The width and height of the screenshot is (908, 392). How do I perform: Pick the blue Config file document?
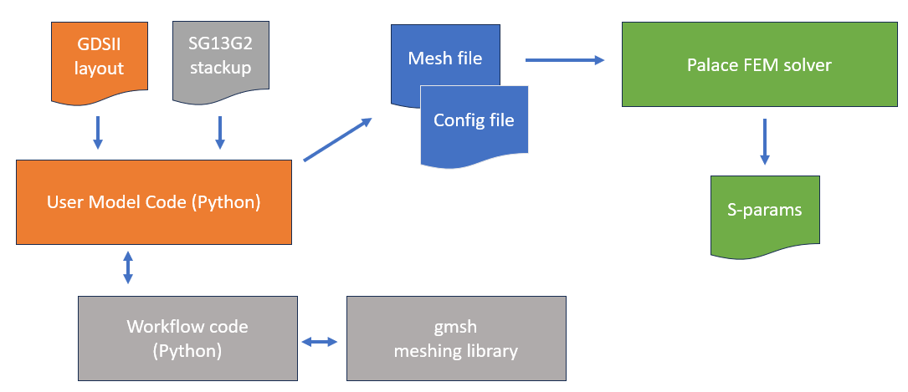pos(474,125)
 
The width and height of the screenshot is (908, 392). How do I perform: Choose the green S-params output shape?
pos(765,213)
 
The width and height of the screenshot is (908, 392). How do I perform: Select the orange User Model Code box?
pos(154,201)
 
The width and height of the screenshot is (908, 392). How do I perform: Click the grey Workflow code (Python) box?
pos(187,338)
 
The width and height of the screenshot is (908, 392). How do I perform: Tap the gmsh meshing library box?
pos(457,338)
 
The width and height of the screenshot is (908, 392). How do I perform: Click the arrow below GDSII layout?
pos(98,133)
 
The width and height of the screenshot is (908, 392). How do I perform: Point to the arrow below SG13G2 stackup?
pos(220,133)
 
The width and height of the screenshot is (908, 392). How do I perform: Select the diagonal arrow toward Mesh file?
pos(337,139)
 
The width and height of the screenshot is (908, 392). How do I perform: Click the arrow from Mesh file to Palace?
pos(565,60)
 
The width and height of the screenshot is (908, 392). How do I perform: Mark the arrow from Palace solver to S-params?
pos(764,142)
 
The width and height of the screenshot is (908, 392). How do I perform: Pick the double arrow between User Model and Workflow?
pos(127,268)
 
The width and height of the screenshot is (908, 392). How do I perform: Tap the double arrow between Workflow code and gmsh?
pos(319,342)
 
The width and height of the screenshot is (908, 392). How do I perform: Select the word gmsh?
pos(457,327)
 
